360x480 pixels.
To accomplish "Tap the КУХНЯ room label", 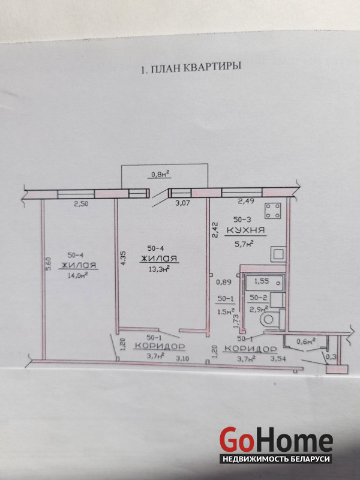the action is pyautogui.click(x=245, y=230).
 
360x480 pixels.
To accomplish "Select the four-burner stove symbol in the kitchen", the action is pyautogui.click(x=272, y=211).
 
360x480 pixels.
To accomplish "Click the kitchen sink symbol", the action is pyautogui.click(x=278, y=254).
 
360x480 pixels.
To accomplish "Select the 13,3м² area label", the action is pyautogui.click(x=159, y=268).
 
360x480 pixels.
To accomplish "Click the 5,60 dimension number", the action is pyautogui.click(x=49, y=263).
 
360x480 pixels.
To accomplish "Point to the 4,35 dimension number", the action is pyautogui.click(x=124, y=258).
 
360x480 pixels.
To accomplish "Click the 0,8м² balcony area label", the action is pyautogui.click(x=160, y=175).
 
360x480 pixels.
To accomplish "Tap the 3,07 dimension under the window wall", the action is pyautogui.click(x=182, y=203).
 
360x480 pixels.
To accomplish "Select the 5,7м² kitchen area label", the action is pyautogui.click(x=244, y=244).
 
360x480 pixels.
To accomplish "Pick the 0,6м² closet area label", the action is pyautogui.click(x=306, y=341).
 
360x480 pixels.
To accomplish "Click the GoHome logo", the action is pyautogui.click(x=276, y=441).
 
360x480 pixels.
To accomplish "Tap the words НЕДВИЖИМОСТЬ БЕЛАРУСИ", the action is pyautogui.click(x=276, y=459).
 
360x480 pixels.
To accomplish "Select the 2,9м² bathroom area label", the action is pyautogui.click(x=259, y=308).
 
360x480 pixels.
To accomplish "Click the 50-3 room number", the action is pyautogui.click(x=242, y=219).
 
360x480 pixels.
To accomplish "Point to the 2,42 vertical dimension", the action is pyautogui.click(x=215, y=230).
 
